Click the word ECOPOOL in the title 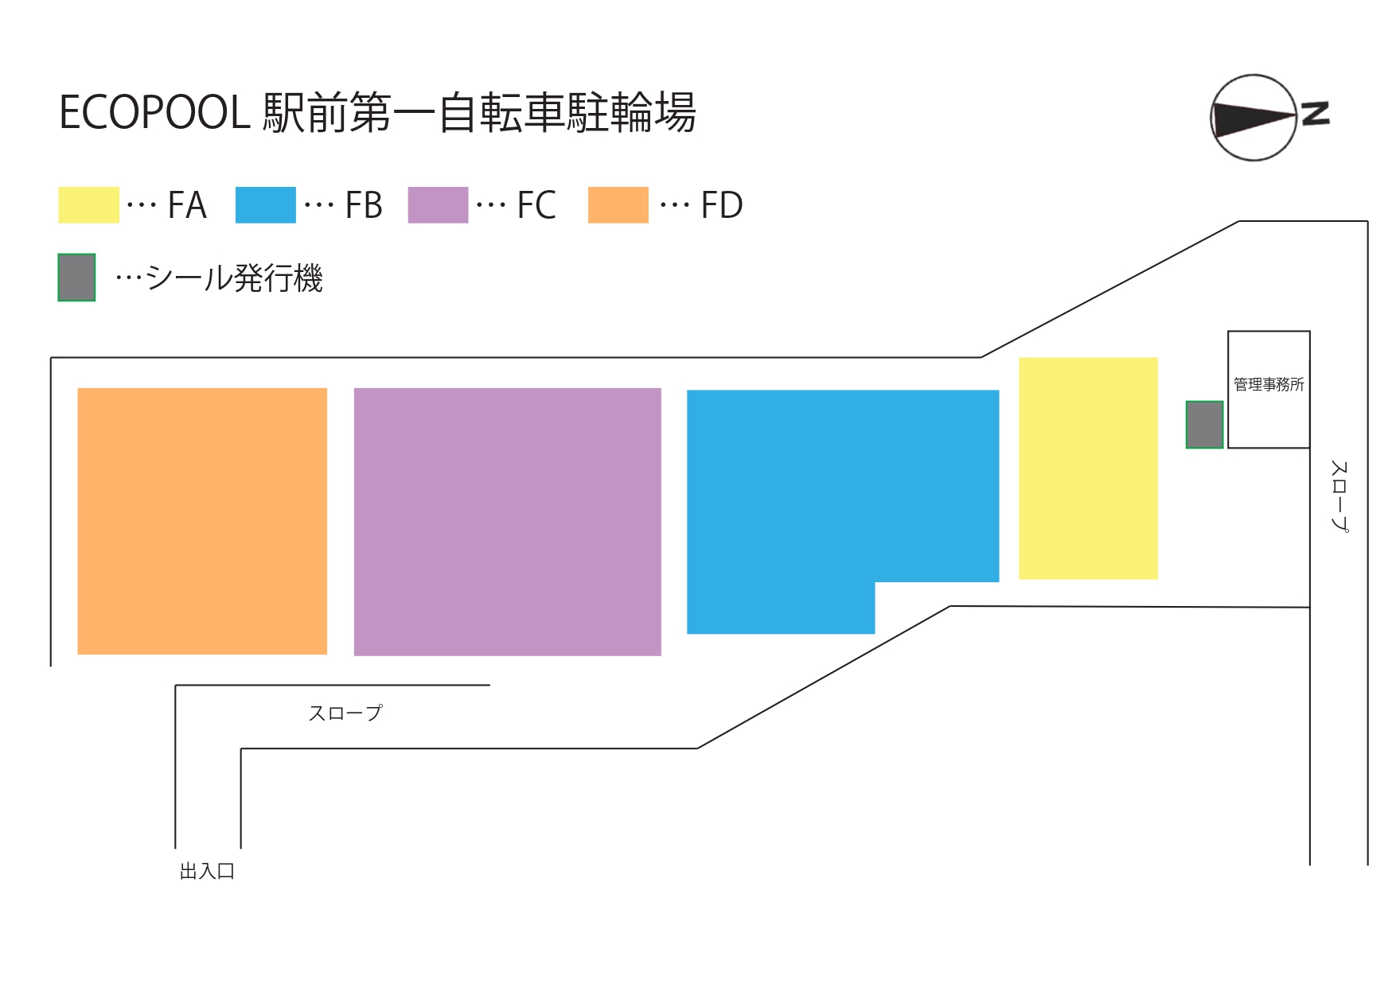point(154,113)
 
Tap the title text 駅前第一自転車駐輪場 point(480,113)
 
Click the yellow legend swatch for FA point(88,205)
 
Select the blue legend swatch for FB point(266,205)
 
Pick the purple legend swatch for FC point(438,205)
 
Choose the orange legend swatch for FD point(618,205)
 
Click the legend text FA point(188,206)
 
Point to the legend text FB point(364,206)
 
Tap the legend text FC point(536,206)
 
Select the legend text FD point(721,206)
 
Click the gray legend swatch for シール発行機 point(76,278)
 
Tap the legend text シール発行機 point(234,278)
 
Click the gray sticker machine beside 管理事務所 point(1204,425)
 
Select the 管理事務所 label point(1269,385)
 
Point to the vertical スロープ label point(1339,495)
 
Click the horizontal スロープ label point(345,713)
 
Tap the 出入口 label point(207,872)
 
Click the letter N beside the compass point(1315,113)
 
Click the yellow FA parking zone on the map point(1088,468)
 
